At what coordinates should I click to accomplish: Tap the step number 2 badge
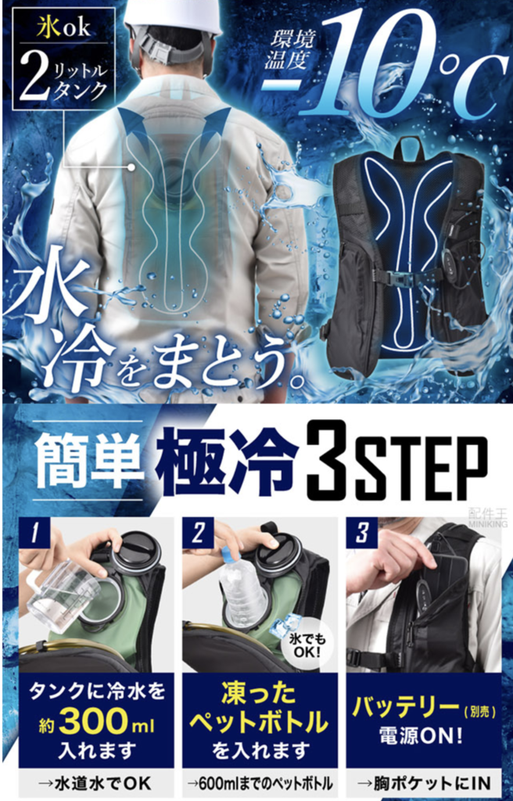(199, 534)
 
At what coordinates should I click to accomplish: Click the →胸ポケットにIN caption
(423, 781)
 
